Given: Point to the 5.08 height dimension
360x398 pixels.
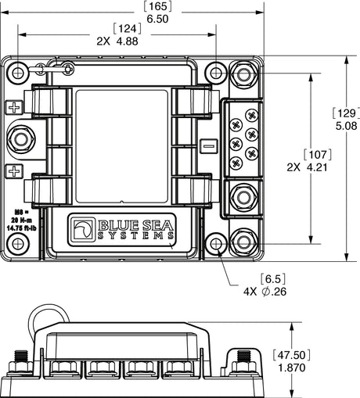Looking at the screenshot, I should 347,125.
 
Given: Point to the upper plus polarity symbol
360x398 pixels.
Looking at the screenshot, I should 13,107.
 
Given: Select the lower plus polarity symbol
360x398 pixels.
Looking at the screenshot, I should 13,171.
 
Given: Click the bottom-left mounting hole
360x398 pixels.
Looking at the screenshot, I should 17,245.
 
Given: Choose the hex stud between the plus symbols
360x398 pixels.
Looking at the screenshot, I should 20,140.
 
